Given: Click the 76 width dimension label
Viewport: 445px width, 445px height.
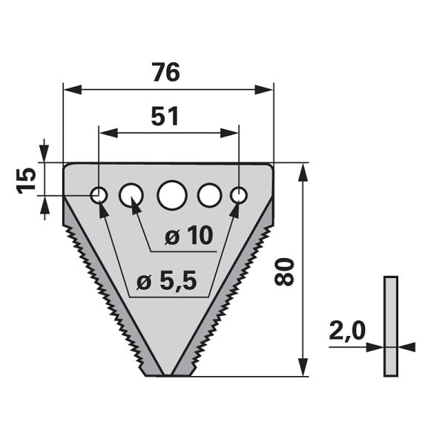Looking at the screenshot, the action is tap(166, 73).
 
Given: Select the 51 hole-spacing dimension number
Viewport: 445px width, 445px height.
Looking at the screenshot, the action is tap(165, 116).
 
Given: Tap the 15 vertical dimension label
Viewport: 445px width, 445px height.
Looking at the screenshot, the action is tap(27, 180).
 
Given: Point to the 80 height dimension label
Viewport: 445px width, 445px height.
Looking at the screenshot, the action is tap(283, 271).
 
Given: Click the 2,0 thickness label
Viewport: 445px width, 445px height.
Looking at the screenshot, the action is tap(347, 331).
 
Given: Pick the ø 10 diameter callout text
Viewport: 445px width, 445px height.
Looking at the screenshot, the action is tap(188, 236).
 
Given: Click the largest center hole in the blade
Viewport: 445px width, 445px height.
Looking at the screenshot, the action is tap(172, 195).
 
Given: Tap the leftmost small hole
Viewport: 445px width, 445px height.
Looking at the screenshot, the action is tap(99, 195).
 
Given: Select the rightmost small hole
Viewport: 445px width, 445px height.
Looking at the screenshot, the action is tap(239, 195).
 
